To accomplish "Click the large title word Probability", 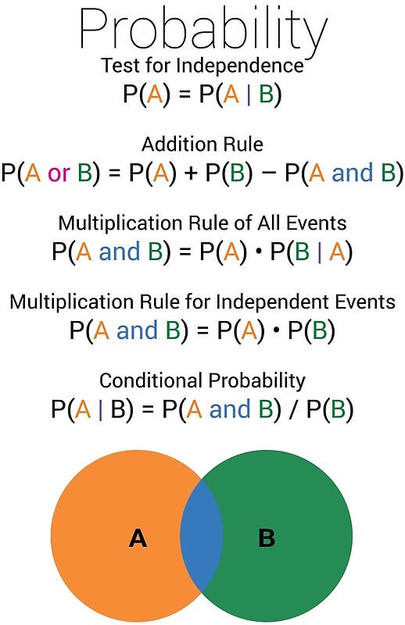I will (202, 31).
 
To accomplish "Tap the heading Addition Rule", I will (202, 144).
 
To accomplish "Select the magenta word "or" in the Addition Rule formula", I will (59, 173).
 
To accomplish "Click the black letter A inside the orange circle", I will (138, 537).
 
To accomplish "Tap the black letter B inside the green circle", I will (267, 537).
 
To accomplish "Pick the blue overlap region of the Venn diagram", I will (201, 537).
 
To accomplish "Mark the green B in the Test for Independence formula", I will (265, 94).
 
